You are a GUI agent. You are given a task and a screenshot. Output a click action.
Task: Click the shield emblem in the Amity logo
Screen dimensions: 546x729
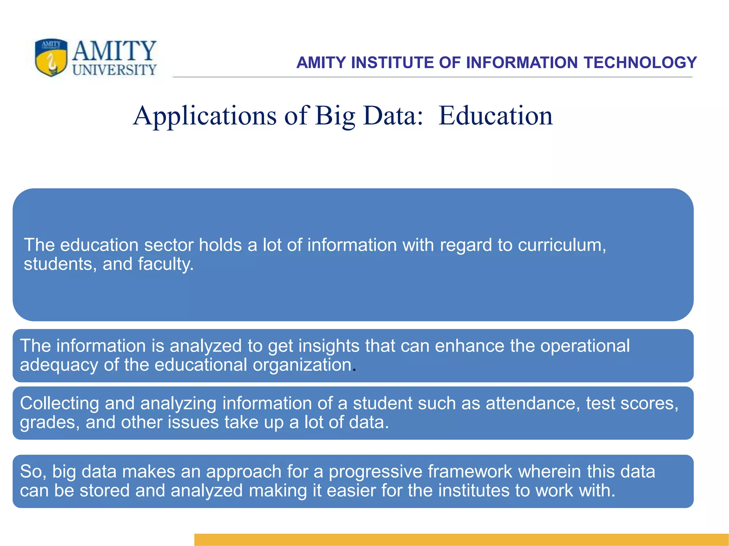coord(51,58)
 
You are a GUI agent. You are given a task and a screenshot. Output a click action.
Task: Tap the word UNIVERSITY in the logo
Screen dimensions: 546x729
coord(114,70)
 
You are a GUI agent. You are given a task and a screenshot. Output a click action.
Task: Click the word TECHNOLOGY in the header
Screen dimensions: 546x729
coord(640,63)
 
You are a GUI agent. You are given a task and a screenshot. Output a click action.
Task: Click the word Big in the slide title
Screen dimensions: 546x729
coord(335,116)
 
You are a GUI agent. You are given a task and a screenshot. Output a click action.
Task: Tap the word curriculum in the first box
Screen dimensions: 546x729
coord(561,245)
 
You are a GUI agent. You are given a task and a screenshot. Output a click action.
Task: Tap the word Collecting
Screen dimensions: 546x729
coord(59,403)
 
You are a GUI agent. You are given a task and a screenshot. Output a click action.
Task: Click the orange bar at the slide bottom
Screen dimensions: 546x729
coord(461,539)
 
